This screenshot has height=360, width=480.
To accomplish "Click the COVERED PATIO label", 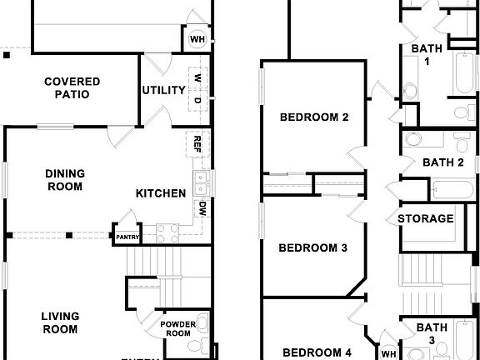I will point(72,87).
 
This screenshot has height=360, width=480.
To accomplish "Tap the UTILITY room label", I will point(162,90).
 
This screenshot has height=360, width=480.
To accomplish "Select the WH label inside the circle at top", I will point(197,39).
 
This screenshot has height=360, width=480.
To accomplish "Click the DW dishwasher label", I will point(201,208).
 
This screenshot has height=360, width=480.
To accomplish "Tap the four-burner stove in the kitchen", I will point(167,232).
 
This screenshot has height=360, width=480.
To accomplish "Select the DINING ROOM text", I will point(63,180).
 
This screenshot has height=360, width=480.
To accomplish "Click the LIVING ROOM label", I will point(62,322).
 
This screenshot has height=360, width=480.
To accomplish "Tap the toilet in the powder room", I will point(195,346).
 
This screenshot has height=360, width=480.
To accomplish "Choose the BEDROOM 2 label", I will point(313,117).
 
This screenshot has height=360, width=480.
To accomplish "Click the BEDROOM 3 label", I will point(312,247).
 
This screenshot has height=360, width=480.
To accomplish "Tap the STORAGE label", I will point(425,219).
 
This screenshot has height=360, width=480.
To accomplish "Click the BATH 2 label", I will point(442,162).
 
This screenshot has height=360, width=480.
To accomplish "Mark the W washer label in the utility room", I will point(197,77).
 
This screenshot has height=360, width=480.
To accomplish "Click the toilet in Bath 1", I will point(411,91).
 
